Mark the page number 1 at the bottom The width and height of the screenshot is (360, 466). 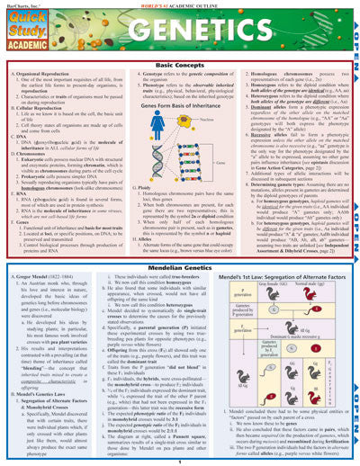pyautogui.click(x=178, y=460)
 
